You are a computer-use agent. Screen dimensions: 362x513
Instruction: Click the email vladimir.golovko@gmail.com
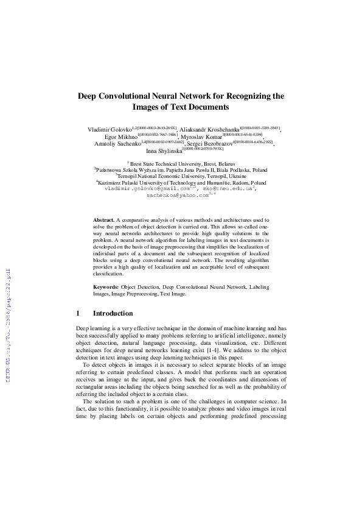(147, 189)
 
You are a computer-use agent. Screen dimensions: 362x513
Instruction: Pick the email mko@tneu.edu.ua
(229, 189)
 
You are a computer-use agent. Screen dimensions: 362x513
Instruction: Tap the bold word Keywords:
(105, 286)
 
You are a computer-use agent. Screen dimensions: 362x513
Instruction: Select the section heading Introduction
(113, 313)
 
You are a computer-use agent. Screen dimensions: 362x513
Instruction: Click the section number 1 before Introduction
(78, 313)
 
